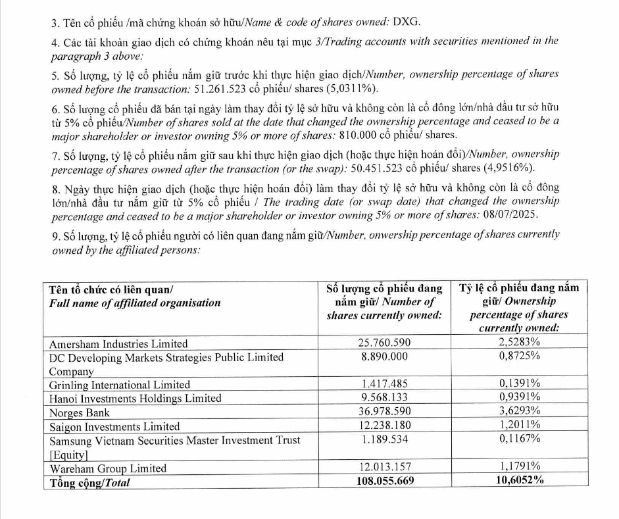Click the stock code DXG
[407, 22]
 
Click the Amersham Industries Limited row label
[118, 343]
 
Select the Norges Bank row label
[80, 413]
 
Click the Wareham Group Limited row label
[108, 468]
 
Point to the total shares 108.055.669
[384, 481]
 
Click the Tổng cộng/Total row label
[90, 482]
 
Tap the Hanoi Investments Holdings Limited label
[136, 398]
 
